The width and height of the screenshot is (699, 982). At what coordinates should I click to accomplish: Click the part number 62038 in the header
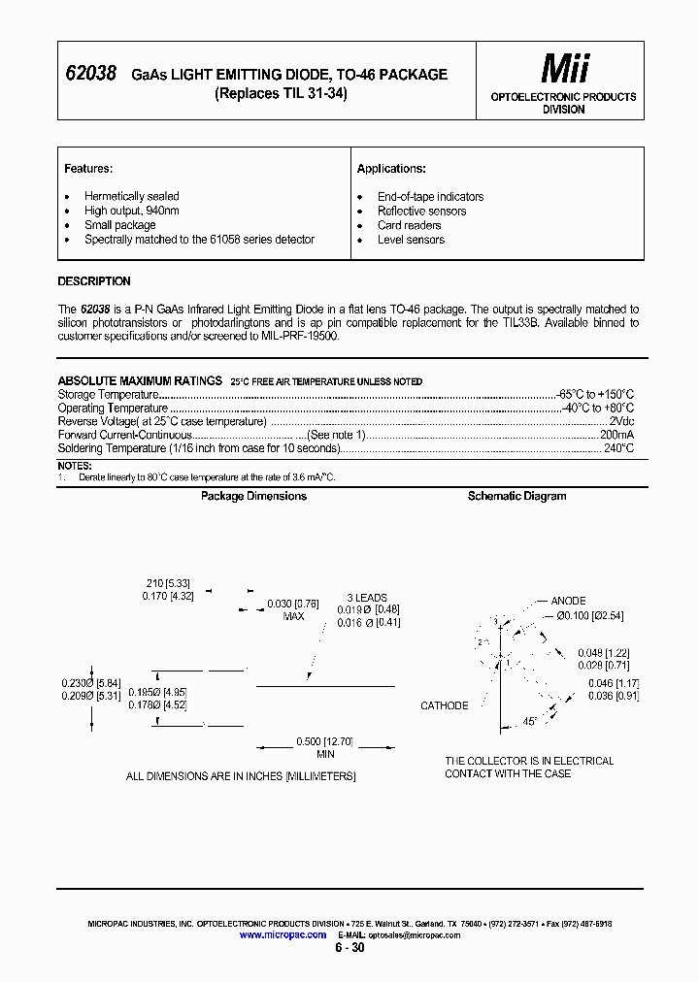pos(90,74)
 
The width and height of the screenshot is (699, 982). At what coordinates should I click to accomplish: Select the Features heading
pos(88,169)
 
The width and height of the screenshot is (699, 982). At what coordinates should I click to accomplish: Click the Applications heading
pos(391,169)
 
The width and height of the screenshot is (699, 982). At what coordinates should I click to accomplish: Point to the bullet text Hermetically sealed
pos(131,196)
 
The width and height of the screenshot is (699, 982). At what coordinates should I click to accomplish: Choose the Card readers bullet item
pos(409,225)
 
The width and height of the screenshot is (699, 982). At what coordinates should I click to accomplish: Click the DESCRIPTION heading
pos(94,281)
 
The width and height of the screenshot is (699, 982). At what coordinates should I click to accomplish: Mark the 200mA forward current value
pos(616,436)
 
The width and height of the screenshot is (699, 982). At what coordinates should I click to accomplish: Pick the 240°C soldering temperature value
pos(618,449)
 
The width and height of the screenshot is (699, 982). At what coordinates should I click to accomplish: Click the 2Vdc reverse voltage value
pos(621,422)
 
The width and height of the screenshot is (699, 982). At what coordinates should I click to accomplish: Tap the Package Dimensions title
pos(253,496)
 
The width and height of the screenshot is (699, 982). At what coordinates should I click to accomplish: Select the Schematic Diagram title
pos(516,496)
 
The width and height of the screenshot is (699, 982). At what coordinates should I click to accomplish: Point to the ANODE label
pos(568,602)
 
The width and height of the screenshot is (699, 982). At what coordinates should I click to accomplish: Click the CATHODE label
pos(444,705)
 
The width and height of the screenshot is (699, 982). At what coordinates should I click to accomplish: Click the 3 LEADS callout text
pos(367,598)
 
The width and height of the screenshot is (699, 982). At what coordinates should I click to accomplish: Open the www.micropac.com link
pos(283,934)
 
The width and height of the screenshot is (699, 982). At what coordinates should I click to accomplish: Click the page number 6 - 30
pos(349,948)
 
